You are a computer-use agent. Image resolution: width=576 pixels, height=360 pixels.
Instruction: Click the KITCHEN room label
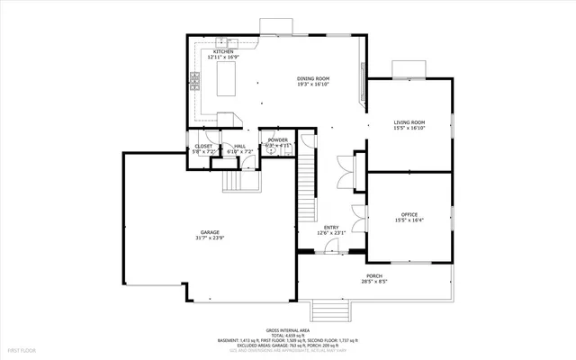[x=223, y=52]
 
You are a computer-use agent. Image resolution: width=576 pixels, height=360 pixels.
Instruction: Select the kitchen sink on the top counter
[x=228, y=41]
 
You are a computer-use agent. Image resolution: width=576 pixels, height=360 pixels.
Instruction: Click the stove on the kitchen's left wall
[x=193, y=84]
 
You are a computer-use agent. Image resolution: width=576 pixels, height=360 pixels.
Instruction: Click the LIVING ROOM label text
[x=409, y=122]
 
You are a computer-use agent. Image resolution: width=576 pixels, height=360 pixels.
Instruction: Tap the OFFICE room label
[x=409, y=214]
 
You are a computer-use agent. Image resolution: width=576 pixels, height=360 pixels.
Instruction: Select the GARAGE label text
[x=210, y=232]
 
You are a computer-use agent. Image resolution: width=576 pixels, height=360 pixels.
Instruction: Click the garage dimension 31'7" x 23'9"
[x=210, y=238]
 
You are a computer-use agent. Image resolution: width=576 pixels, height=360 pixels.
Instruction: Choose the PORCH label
[x=374, y=276]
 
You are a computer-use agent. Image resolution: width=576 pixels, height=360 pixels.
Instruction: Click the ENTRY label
[x=330, y=227]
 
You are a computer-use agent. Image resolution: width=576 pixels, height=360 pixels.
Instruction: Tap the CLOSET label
[x=204, y=146]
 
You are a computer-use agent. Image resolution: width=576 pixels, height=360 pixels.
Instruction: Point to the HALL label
[x=239, y=146]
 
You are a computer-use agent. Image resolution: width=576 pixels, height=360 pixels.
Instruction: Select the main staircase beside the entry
[x=308, y=184]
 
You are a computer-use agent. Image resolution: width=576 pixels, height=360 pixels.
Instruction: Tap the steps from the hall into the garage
[x=237, y=183]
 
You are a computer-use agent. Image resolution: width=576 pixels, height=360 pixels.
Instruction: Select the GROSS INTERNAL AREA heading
[x=287, y=330]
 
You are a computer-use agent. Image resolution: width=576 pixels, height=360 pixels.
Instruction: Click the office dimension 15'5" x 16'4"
[x=409, y=220]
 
